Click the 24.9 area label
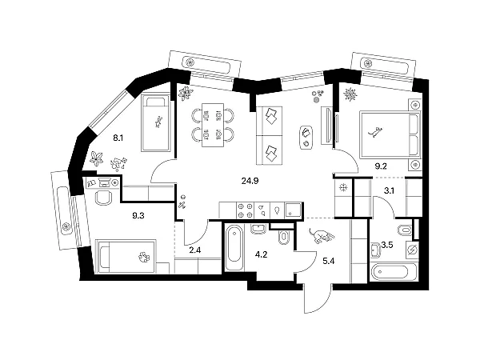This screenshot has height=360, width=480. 250,181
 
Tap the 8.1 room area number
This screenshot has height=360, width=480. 118,138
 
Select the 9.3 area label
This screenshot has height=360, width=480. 138,216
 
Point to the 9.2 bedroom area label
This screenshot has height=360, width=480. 381,166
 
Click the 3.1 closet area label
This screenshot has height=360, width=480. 389,191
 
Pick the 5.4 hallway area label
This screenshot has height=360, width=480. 329,261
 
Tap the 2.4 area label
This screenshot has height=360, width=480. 195,250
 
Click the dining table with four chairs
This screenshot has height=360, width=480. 213,125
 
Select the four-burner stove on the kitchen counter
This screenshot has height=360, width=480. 246,210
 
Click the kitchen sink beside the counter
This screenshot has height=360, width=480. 293,211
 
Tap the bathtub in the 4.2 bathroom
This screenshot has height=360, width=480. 234,248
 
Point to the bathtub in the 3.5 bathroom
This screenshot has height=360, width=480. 393,271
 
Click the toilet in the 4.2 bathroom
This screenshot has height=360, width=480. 284,237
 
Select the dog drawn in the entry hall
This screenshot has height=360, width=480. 321,235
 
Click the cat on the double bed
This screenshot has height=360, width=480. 375,132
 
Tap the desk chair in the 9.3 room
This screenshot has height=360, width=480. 103,198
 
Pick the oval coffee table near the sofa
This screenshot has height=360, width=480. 306,137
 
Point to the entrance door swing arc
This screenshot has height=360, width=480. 323,306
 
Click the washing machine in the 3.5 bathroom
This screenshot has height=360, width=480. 412,250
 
